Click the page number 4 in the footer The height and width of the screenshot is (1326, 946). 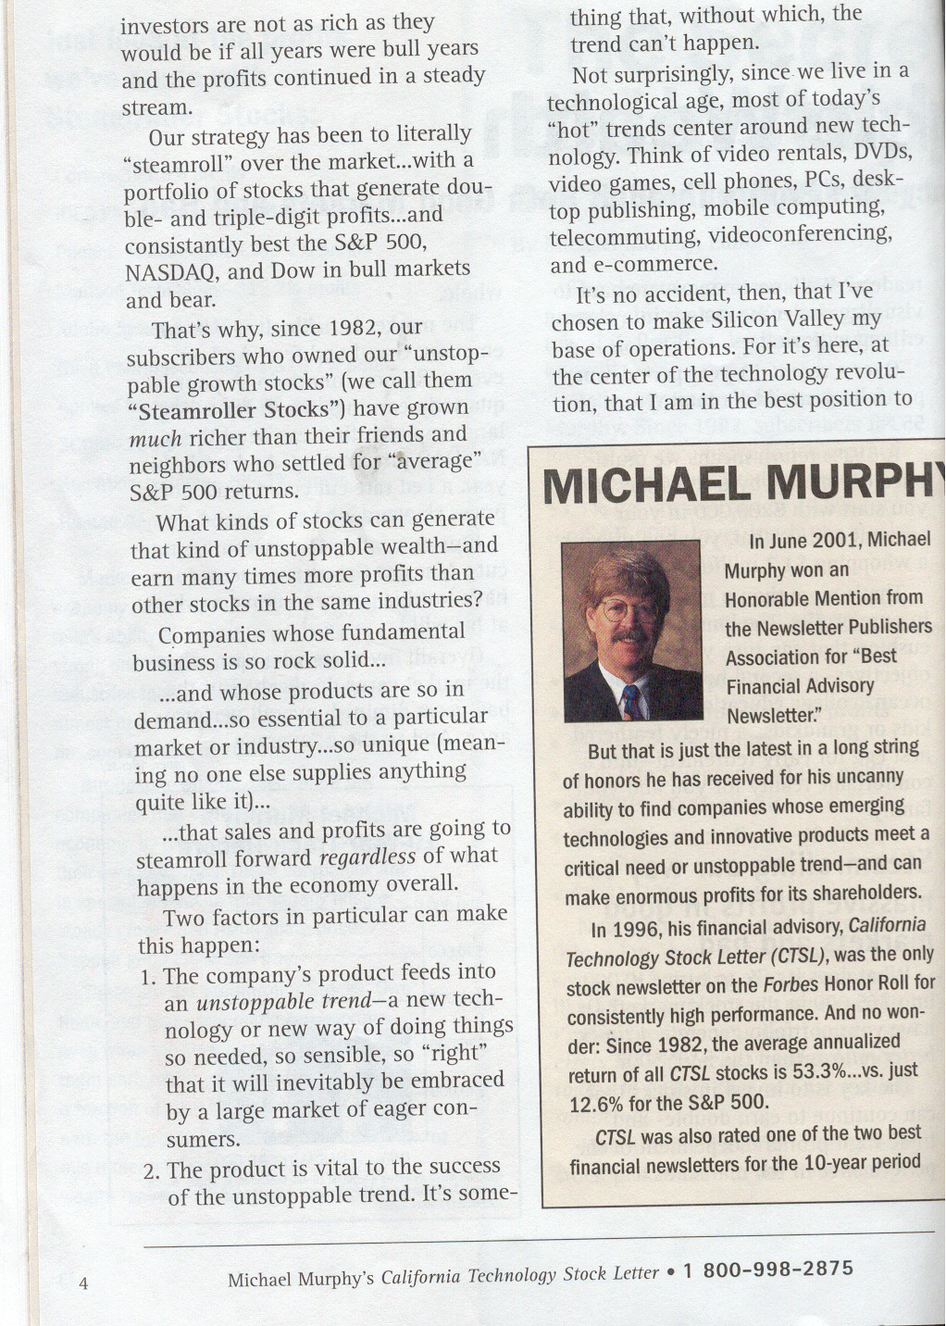click(x=83, y=1283)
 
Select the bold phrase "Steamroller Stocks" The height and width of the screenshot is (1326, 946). click(x=228, y=409)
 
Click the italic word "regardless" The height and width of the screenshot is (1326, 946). click(x=367, y=857)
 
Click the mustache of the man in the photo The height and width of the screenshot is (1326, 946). click(x=626, y=638)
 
